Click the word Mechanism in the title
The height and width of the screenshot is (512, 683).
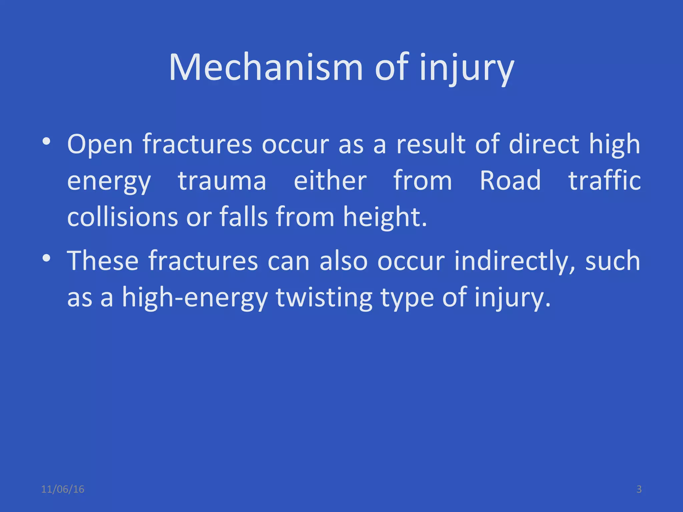coord(266,67)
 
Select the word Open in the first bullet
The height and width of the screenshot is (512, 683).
coord(100,144)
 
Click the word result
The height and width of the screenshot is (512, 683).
coord(431,144)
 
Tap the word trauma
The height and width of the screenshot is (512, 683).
coord(222,181)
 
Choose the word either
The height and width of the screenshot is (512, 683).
coord(330,181)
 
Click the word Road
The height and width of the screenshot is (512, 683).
coord(510,181)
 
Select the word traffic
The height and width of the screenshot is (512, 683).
coord(604,181)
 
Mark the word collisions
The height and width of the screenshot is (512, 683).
coord(122,217)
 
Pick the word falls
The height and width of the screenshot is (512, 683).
coord(244,217)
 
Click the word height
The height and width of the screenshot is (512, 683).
coord(385,217)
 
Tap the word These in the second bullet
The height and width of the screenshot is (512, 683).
coord(103,261)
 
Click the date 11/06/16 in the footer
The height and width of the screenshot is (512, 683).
coord(63,489)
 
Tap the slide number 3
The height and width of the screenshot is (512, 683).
coord(639,489)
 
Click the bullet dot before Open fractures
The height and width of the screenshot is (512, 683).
coord(46,142)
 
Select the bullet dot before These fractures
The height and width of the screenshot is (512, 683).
coord(46,258)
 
